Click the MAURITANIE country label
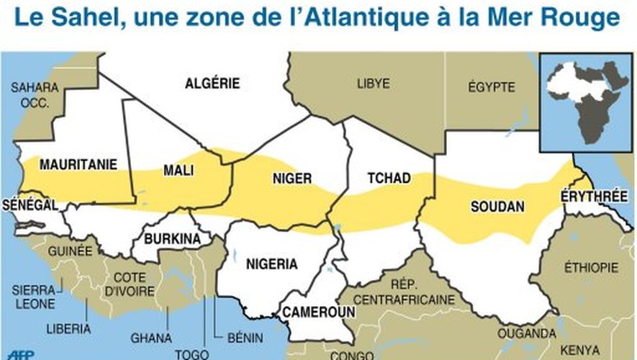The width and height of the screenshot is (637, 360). click(x=78, y=165)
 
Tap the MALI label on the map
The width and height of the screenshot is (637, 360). click(x=178, y=171)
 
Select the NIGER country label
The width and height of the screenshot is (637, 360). click(x=292, y=179)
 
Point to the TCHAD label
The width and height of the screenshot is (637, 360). click(x=389, y=178)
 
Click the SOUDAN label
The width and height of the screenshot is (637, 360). click(x=497, y=207)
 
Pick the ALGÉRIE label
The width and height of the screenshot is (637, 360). click(x=212, y=84)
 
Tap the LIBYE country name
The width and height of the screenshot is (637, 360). click(x=373, y=84)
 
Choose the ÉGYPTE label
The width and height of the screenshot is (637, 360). click(x=492, y=87)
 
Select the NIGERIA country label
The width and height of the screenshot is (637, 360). click(x=271, y=264)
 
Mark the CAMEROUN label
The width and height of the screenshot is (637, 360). click(x=318, y=312)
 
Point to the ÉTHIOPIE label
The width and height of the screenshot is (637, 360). click(x=591, y=266)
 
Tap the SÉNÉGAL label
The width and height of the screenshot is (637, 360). click(x=30, y=205)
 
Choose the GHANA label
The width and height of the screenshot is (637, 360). click(x=150, y=338)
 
